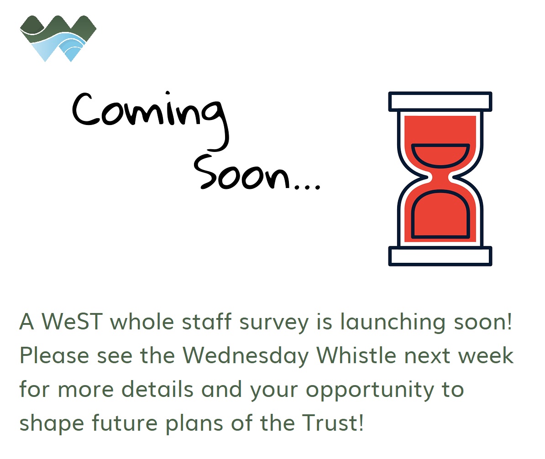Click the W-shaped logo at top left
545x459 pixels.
point(58,38)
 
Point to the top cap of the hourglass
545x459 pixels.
point(440,101)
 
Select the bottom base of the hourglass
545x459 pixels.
point(440,256)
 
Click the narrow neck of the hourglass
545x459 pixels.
point(440,178)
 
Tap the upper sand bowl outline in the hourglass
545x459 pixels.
point(440,154)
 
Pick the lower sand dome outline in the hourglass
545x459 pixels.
point(440,214)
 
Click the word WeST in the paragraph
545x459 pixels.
point(72,321)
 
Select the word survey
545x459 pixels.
point(274,323)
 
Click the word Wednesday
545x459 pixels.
point(246,356)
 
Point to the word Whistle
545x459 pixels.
point(356,355)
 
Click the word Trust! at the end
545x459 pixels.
point(333,423)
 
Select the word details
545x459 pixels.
point(157,389)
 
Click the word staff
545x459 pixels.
point(207,321)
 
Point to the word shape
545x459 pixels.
point(52,424)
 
